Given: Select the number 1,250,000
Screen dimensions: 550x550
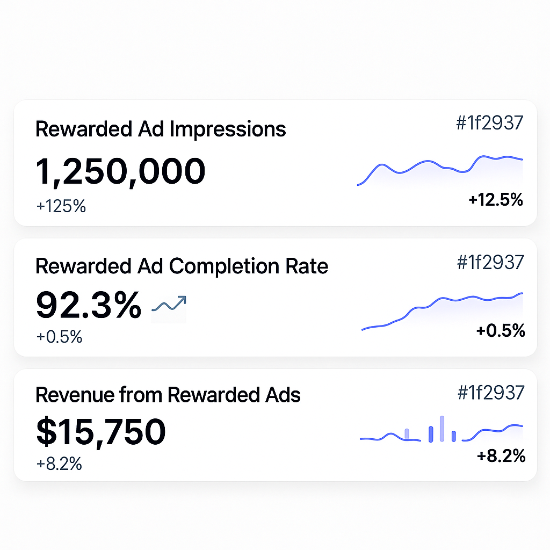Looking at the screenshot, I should point(121,171).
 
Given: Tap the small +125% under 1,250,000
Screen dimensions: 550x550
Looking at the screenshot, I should point(61,206).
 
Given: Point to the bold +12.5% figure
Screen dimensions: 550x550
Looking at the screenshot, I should point(496,200).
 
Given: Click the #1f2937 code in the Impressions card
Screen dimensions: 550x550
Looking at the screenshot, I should point(489,123).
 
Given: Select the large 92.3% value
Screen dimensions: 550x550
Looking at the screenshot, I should point(89,305).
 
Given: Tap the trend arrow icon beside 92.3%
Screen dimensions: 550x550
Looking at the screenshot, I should point(169,305).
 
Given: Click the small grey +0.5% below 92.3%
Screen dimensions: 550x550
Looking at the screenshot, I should point(60,337).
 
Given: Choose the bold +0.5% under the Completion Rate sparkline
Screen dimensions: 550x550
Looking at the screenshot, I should point(500,331).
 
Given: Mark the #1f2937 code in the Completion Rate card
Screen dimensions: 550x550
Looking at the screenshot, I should point(490,262).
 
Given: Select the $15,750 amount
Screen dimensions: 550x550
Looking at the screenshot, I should point(101,432).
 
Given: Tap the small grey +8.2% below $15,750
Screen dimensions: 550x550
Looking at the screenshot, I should point(60,464).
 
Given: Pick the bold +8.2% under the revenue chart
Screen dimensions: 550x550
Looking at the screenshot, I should point(501,457).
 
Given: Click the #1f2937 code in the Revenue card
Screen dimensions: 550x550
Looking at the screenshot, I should point(490,393).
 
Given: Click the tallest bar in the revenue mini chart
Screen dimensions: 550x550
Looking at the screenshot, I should point(442,429).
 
